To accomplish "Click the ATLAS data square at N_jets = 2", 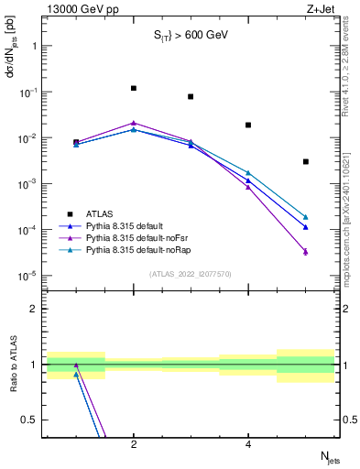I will click(134, 88).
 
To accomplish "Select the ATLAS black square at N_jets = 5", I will click(305, 161).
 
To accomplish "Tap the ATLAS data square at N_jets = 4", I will click(248, 125).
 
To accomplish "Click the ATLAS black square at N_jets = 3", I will click(191, 96).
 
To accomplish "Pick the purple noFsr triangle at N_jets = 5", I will click(305, 251).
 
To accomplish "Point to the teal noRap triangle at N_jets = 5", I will click(305, 217).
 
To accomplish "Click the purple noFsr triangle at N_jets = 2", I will click(134, 122).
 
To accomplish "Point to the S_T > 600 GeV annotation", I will click(191, 35).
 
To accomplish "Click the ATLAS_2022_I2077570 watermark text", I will click(191, 273).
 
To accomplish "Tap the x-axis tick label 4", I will click(248, 444).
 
